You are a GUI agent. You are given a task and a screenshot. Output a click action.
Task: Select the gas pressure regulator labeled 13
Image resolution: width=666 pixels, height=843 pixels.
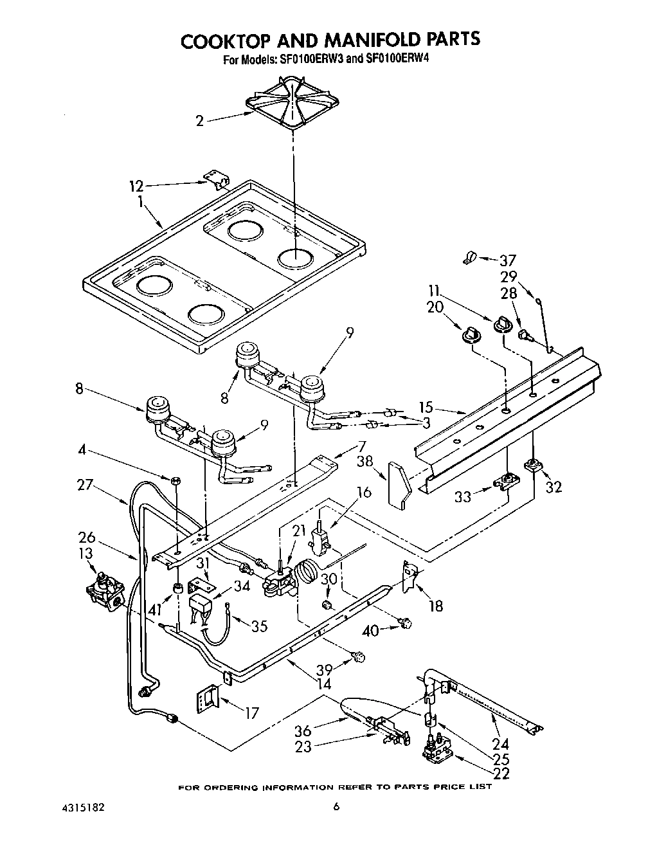[x=104, y=590]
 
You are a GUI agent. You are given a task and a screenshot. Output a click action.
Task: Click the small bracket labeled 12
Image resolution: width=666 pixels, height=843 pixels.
[x=217, y=180]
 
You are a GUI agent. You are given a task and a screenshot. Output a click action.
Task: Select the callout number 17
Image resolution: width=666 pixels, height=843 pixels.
[x=251, y=712]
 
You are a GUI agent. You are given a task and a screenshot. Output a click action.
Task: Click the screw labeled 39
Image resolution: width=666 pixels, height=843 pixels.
[x=359, y=657]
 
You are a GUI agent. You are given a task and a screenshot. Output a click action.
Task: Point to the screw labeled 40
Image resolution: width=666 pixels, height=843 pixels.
[x=404, y=622]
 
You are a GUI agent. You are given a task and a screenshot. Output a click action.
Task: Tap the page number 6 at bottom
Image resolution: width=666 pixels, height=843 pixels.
[x=335, y=808]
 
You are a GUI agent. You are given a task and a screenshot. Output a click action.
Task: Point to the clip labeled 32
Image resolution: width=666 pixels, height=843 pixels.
[x=532, y=464]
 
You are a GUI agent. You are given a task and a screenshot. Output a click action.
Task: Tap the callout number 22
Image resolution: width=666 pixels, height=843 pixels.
[x=500, y=774]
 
